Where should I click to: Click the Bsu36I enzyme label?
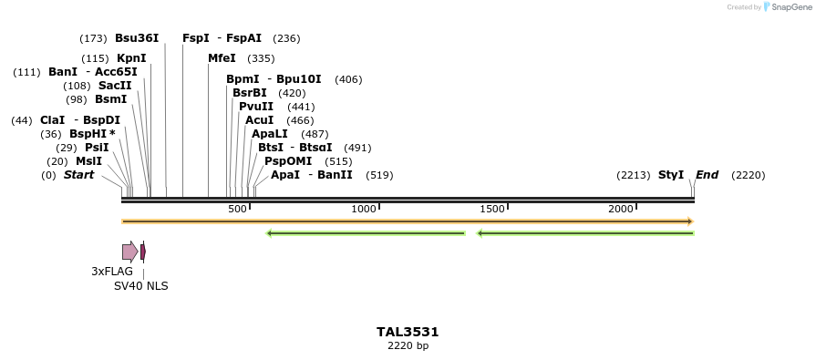pyautogui.click(x=137, y=38)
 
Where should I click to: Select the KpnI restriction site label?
pyautogui.click(x=131, y=58)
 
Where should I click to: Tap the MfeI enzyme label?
pyautogui.click(x=222, y=58)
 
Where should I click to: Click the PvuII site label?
pyautogui.click(x=256, y=107)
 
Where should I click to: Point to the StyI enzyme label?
pyautogui.click(x=671, y=175)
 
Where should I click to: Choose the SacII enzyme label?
pyautogui.click(x=115, y=86)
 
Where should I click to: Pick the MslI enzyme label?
pyautogui.click(x=88, y=161)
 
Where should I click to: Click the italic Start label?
pyautogui.click(x=78, y=175)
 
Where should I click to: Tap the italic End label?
pyautogui.click(x=708, y=175)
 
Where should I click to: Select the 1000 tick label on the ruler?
pyautogui.click(x=364, y=210)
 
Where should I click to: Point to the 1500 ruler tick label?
pyautogui.click(x=492, y=210)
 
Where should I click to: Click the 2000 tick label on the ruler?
pyautogui.click(x=621, y=210)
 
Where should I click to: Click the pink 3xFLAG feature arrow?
pyautogui.click(x=129, y=252)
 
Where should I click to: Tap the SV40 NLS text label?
pyautogui.click(x=140, y=286)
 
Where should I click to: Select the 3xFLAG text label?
pyautogui.click(x=112, y=272)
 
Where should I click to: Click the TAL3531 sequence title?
pyautogui.click(x=408, y=332)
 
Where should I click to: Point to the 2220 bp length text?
pyautogui.click(x=408, y=346)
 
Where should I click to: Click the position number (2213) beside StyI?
pyautogui.click(x=634, y=175)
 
